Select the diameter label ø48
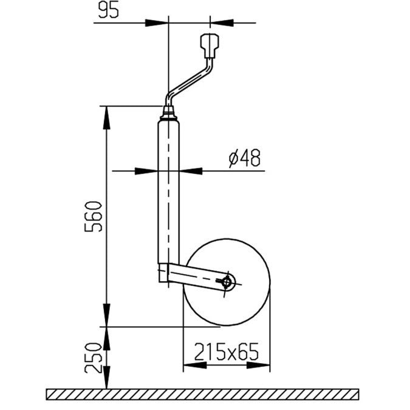(245, 159)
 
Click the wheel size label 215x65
(226, 351)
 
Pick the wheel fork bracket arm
(194, 277)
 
